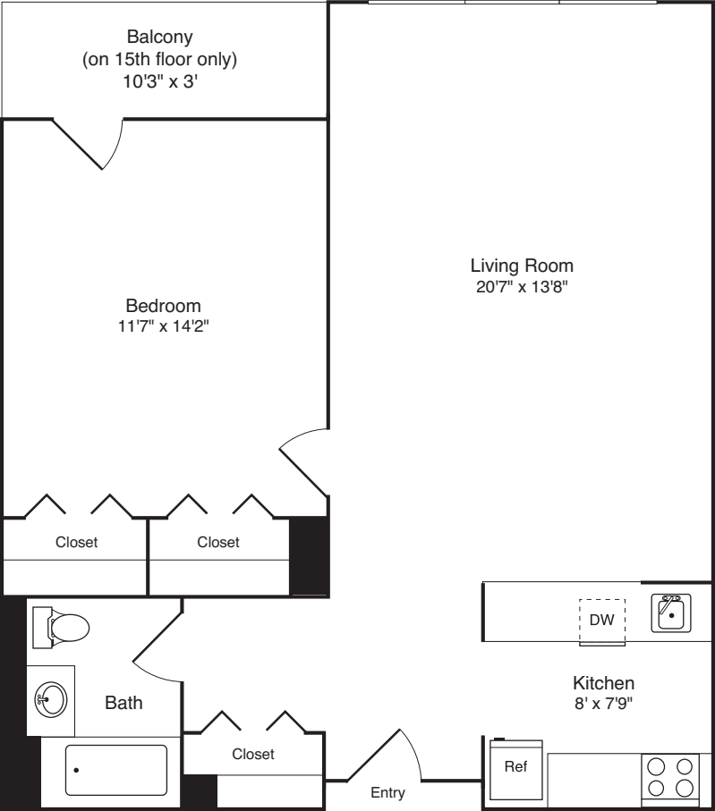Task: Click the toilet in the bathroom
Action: coord(63,627)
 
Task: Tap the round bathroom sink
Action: coord(51,700)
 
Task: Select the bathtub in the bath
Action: coord(115,770)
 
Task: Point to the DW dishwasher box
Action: coord(602,621)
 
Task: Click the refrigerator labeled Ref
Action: coord(516,767)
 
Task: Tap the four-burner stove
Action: coord(671,776)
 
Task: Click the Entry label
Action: coord(387,792)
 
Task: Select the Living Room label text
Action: coord(522,266)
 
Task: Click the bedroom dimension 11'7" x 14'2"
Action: coord(163,326)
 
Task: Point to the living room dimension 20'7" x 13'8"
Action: coord(522,287)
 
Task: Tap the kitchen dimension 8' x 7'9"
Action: coord(604,703)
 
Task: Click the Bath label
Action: coord(123,703)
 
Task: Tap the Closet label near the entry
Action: coord(253,755)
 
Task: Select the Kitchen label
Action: coord(604,682)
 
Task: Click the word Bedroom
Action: coord(163,306)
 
